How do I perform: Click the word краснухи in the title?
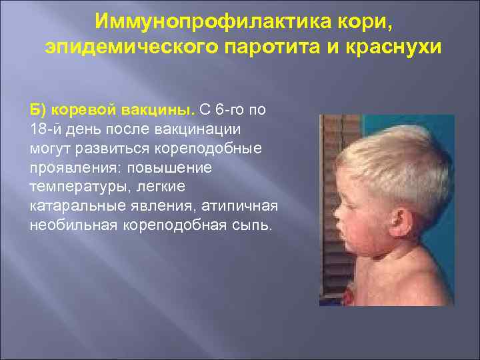(391, 47)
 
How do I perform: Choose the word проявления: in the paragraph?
(72, 167)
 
